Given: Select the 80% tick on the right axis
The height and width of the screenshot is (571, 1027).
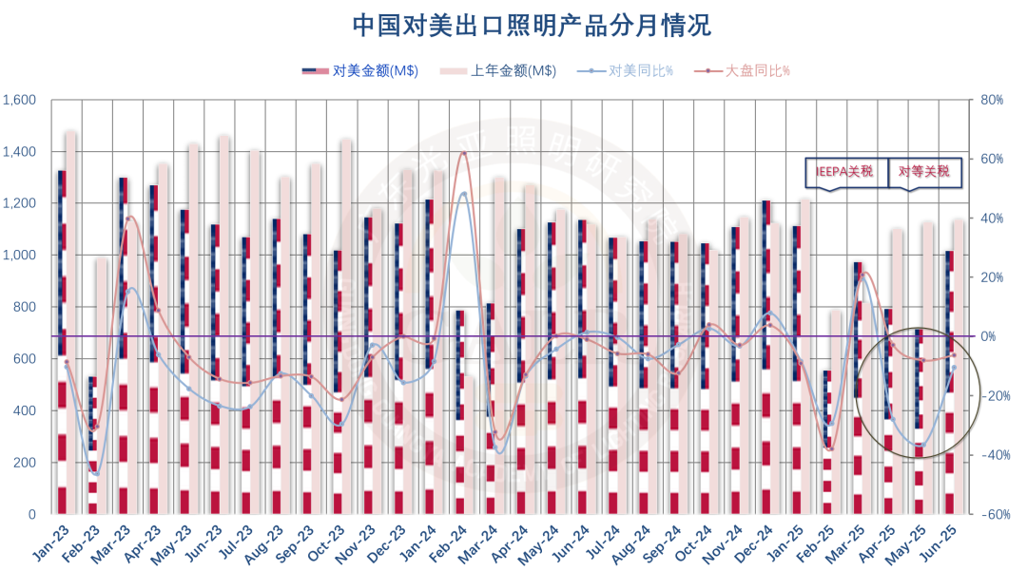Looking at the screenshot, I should click(994, 100).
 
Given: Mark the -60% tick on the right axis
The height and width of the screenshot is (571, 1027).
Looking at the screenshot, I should click(994, 514).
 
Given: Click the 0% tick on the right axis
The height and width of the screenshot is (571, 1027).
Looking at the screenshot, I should click(990, 336).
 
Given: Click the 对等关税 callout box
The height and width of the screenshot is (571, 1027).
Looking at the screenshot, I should click(923, 172).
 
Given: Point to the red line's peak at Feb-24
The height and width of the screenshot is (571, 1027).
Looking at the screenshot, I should click(463, 153).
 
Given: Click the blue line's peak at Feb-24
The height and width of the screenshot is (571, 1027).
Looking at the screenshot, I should click(463, 194).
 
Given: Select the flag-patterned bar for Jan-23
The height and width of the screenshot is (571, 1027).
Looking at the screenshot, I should click(62, 342).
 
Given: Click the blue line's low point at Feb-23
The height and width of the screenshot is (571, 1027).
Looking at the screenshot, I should click(96, 472).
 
